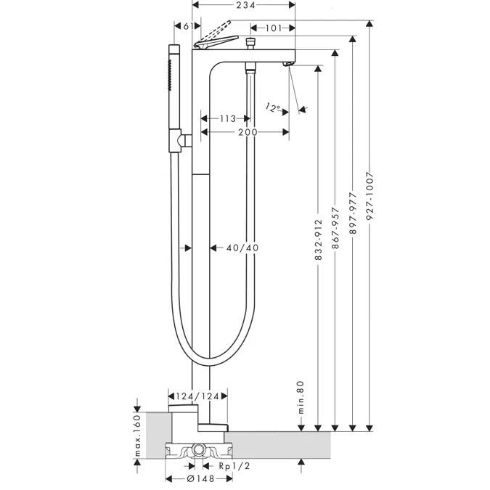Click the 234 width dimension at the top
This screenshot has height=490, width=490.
(245, 5)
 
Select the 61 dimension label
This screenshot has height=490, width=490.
(188, 26)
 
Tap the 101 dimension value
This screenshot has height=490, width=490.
(274, 28)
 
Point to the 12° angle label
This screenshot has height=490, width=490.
(273, 108)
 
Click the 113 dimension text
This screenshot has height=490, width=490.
(227, 119)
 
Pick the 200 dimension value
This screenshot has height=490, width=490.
(248, 132)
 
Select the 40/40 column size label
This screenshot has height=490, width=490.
(242, 248)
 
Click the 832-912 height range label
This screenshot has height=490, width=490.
(318, 240)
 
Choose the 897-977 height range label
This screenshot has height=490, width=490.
(353, 213)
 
